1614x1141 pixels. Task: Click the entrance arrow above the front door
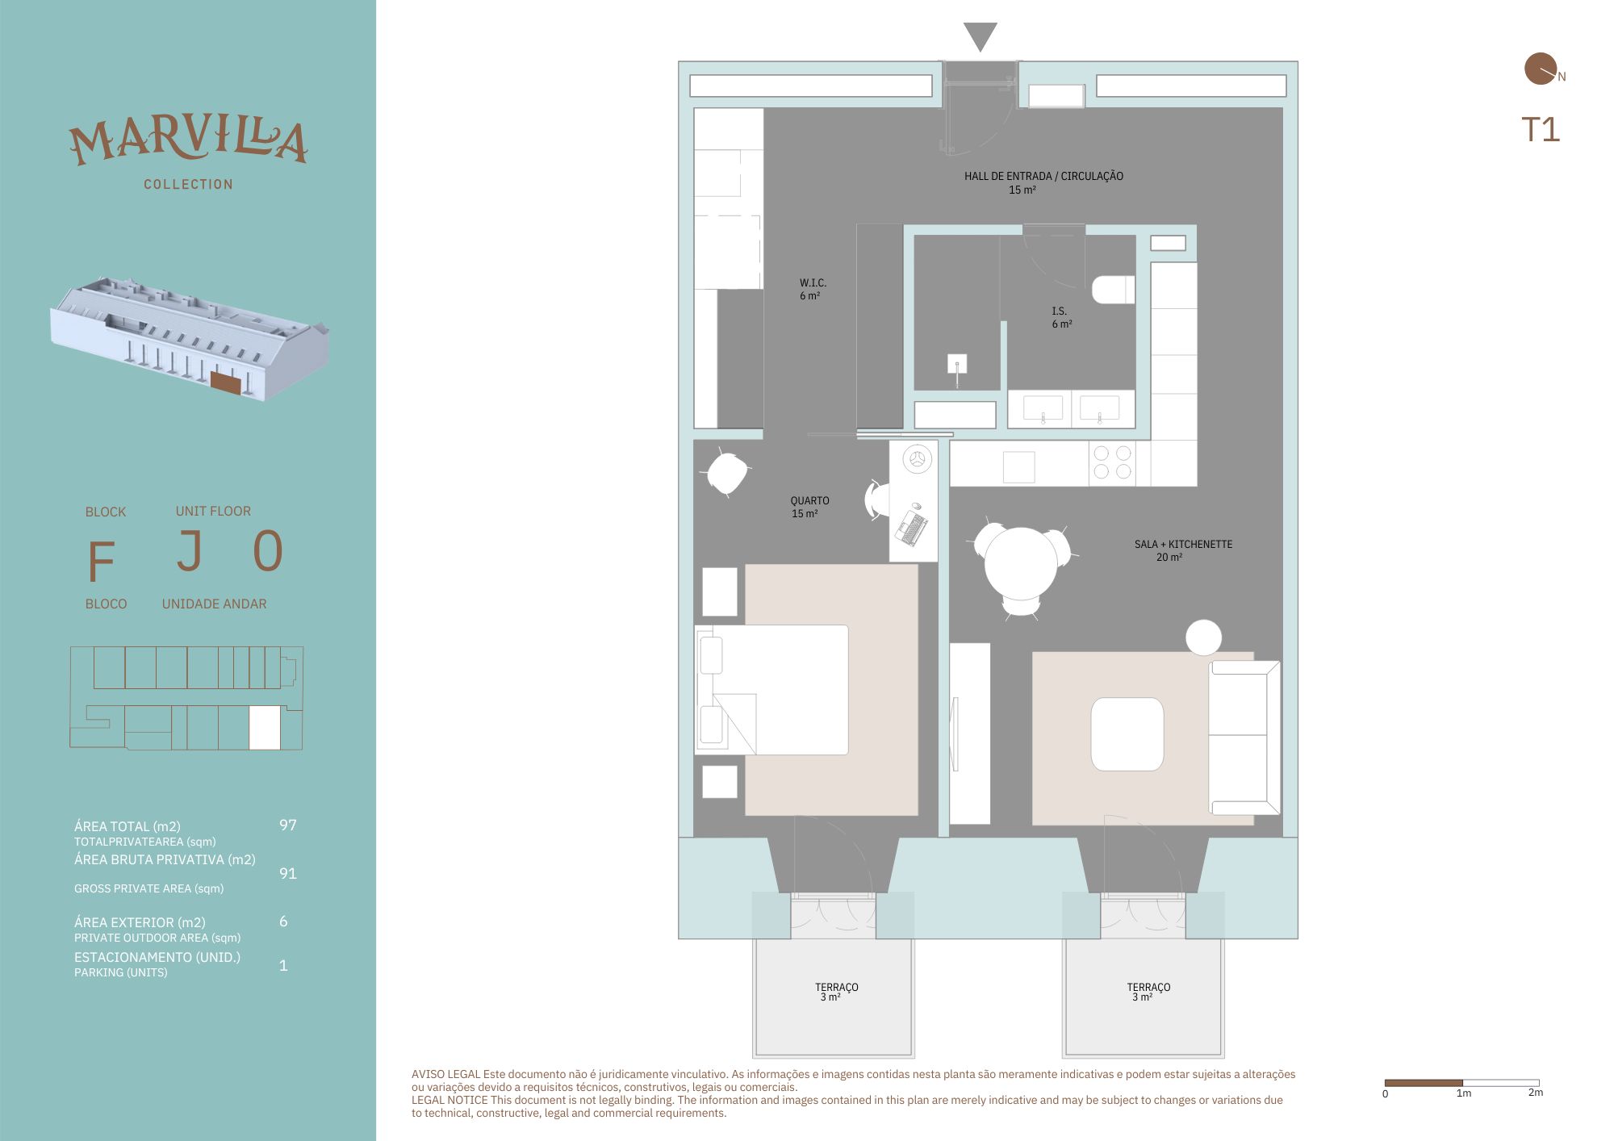[x=980, y=35]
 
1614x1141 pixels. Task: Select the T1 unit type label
[x=1541, y=130]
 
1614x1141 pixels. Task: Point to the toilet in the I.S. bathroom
[x=1113, y=290]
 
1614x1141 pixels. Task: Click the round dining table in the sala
[x=1021, y=563]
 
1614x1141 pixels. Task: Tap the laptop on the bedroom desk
[x=911, y=527]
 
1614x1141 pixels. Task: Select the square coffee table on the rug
[x=1127, y=734]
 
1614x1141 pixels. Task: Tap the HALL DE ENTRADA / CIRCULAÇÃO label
[x=1043, y=176]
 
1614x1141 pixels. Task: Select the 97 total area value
[x=288, y=825]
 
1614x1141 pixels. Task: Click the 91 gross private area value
[x=288, y=873]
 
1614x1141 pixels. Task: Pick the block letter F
[x=101, y=561]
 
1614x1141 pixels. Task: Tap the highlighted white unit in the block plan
[x=265, y=728]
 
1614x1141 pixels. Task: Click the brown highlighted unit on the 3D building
[x=226, y=382]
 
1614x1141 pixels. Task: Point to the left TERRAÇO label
[x=837, y=987]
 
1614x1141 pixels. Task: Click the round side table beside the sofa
[x=1203, y=637]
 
